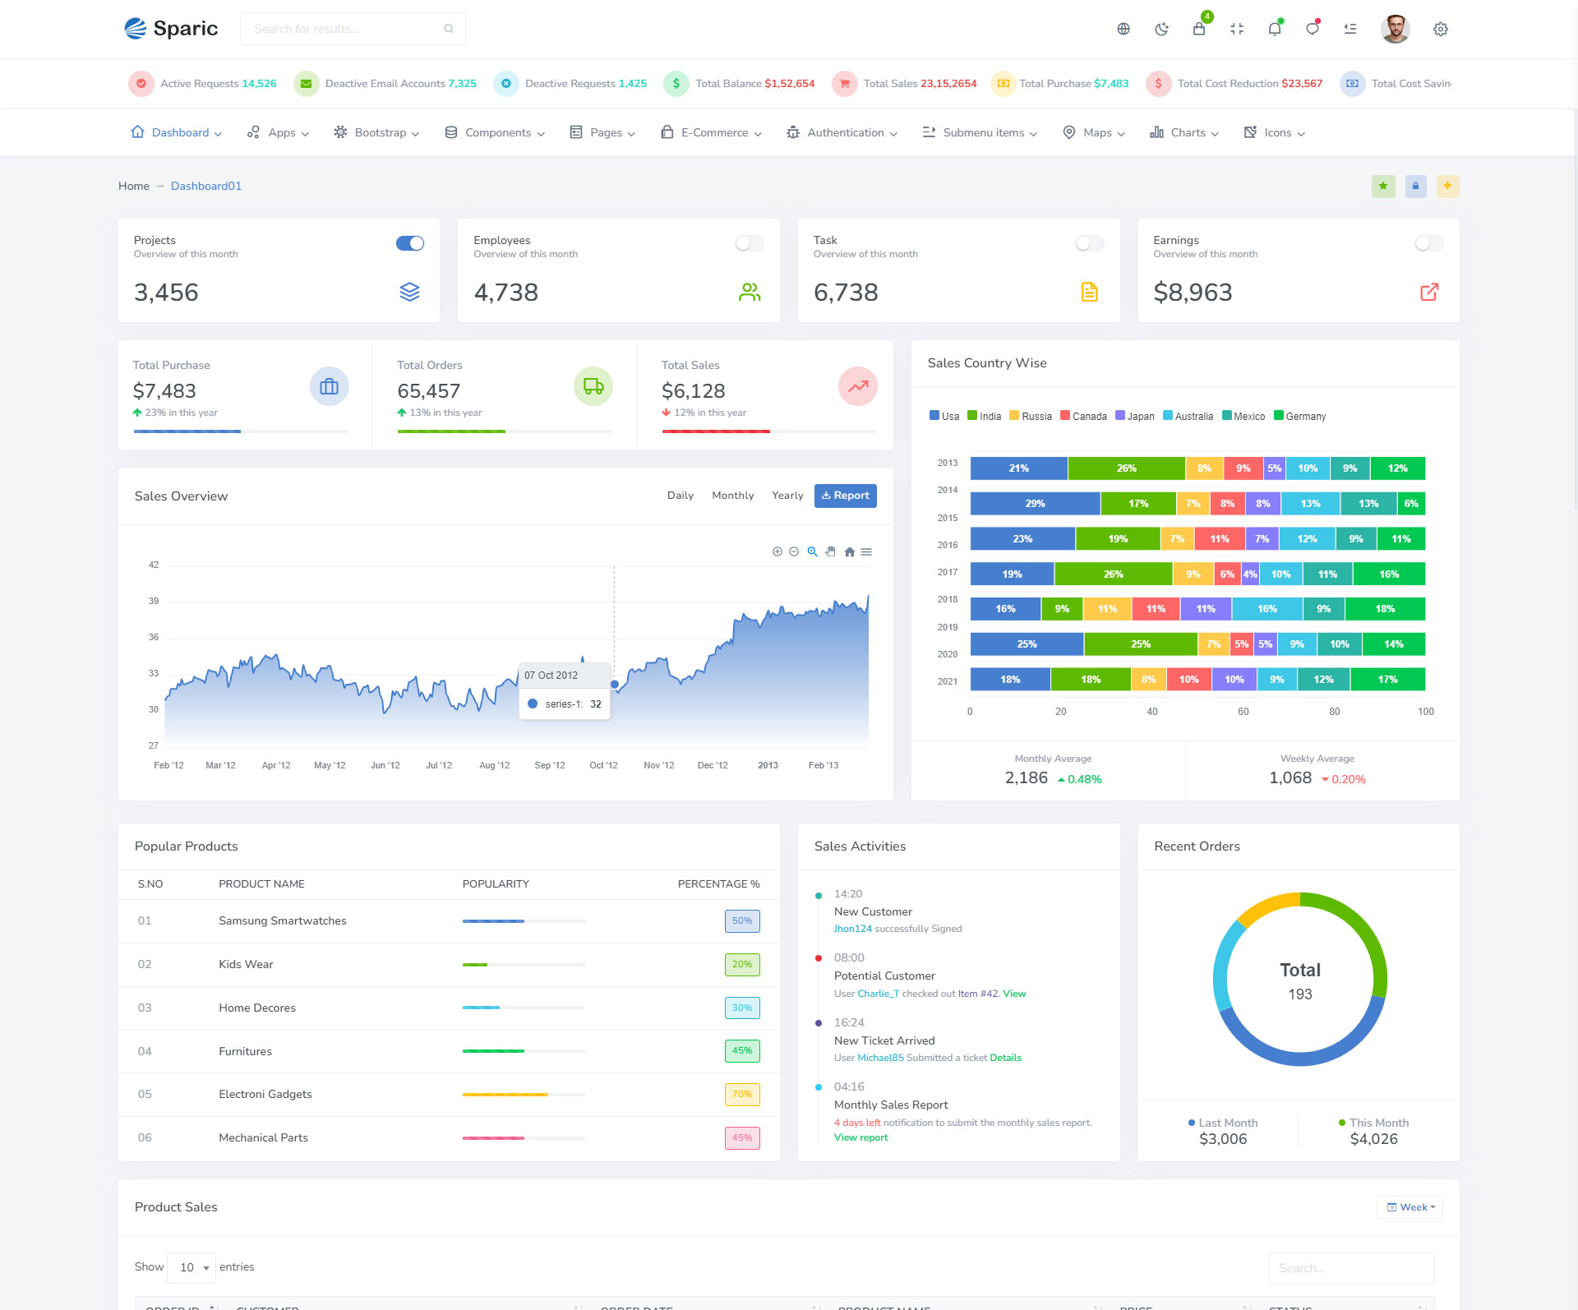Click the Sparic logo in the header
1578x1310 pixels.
pos(171,29)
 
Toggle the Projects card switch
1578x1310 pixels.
pos(410,243)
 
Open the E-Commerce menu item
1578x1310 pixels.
pos(712,132)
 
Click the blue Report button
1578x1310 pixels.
pos(845,496)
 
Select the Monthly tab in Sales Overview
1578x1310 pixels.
pos(732,496)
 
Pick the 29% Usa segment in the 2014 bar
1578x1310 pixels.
pos(1035,504)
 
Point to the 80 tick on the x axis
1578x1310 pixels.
pos(1334,712)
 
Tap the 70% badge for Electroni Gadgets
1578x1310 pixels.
pos(741,1095)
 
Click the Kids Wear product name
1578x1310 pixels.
pos(246,964)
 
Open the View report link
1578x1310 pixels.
pos(861,1137)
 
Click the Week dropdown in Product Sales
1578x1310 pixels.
pos(1410,1207)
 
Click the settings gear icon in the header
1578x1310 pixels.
pos(1440,30)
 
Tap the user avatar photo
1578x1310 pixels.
pos(1395,29)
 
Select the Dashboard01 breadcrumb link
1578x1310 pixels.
pos(206,186)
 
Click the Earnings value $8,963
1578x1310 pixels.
pos(1193,293)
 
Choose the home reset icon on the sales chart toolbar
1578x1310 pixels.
pos(849,552)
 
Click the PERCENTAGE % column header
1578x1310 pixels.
pos(718,884)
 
